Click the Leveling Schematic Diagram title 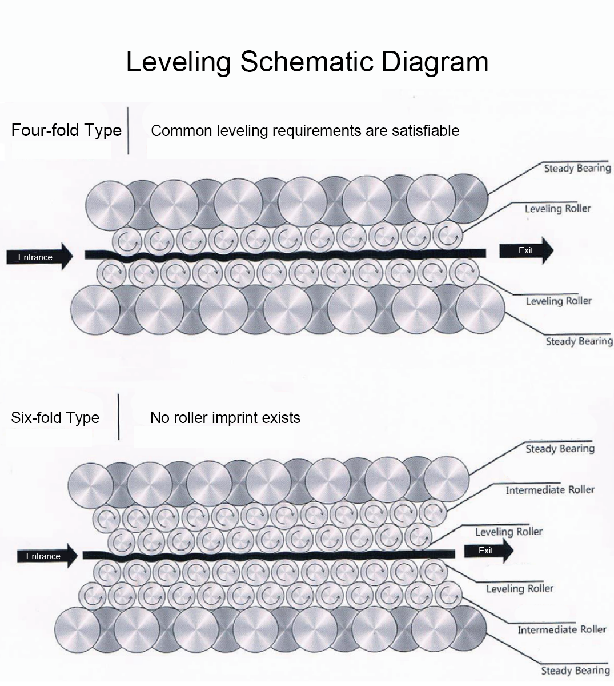coord(307,62)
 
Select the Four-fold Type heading coord(66,130)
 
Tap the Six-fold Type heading coord(55,417)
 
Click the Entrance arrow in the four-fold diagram coord(39,257)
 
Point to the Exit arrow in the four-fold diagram coord(526,250)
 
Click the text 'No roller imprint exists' coord(225,418)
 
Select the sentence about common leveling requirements coord(305,131)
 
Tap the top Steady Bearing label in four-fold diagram coord(577,168)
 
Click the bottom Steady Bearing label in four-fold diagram coord(579,341)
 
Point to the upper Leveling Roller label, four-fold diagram coord(557,209)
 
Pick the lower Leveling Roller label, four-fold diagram coord(559,301)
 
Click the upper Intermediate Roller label coord(549,490)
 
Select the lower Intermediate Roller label coord(561,629)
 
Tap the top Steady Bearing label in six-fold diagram coord(560,449)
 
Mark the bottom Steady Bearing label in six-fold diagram coord(575,671)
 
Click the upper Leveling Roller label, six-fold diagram coord(508,532)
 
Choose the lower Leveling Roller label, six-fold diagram coord(520,588)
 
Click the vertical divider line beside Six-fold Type coord(119,417)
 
